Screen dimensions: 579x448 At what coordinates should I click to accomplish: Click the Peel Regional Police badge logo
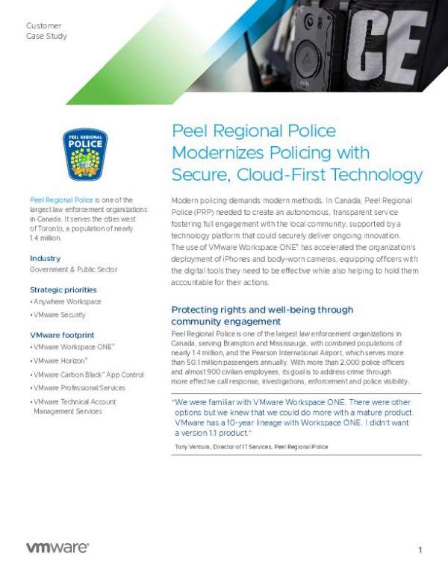[x=84, y=154]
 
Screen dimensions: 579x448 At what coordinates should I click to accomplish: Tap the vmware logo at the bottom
[x=57, y=548]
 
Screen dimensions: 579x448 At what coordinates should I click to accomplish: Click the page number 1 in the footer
[x=420, y=550]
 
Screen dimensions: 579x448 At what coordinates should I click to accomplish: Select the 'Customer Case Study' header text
[x=46, y=31]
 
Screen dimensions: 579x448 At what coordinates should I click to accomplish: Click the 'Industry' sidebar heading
[x=45, y=258]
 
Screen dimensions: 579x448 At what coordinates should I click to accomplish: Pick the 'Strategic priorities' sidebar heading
[x=63, y=289]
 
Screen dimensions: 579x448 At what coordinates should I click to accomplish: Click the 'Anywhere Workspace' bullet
[x=67, y=301]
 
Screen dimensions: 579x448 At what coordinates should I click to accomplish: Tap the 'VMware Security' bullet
[x=62, y=316]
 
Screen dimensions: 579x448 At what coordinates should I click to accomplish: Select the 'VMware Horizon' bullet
[x=61, y=361]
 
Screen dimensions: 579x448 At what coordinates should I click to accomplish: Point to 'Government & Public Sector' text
[x=74, y=269]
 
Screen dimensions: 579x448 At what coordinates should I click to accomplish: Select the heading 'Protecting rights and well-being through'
[x=262, y=310]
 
